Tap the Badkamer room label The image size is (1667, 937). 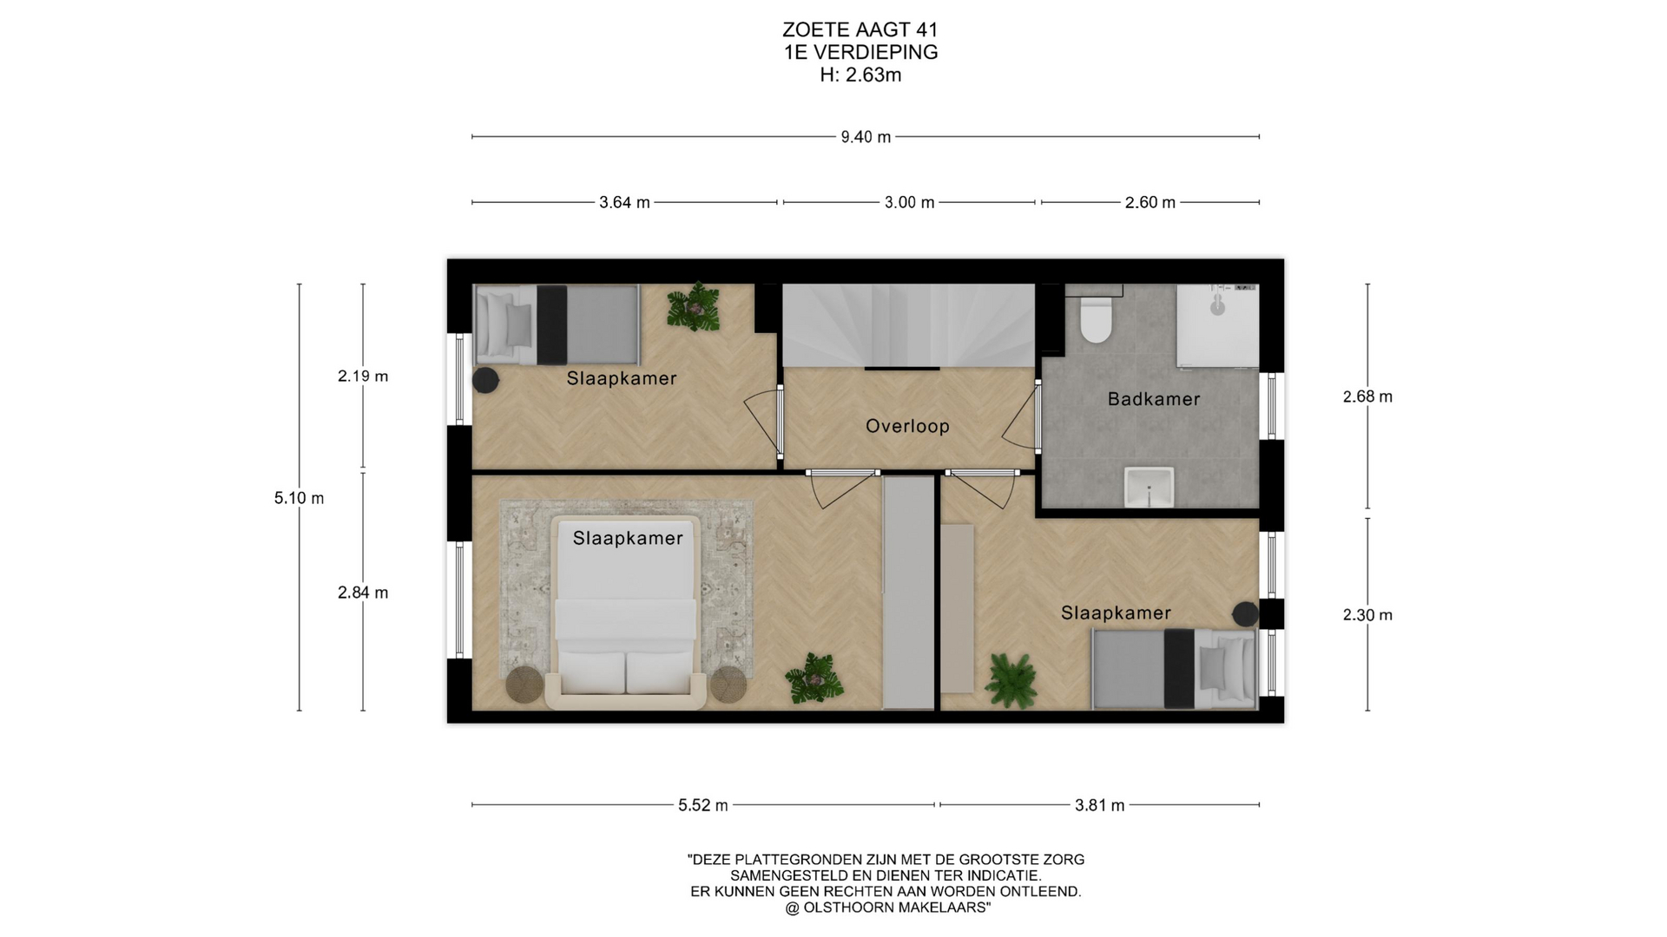pyautogui.click(x=1154, y=399)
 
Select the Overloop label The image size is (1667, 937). pyautogui.click(x=907, y=426)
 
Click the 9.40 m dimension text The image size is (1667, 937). pyautogui.click(x=866, y=137)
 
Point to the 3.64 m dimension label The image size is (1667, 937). pyautogui.click(x=624, y=202)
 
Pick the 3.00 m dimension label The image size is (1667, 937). pyautogui.click(x=909, y=202)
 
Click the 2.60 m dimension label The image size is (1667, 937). pyautogui.click(x=1150, y=202)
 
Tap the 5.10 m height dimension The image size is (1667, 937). pyautogui.click(x=299, y=498)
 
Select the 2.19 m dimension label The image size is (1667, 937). pyautogui.click(x=363, y=377)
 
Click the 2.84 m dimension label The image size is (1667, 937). pyautogui.click(x=363, y=593)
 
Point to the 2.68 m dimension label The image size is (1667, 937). pyautogui.click(x=1367, y=396)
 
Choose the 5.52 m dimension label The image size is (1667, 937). pyautogui.click(x=703, y=805)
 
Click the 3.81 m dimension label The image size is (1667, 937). pyautogui.click(x=1099, y=805)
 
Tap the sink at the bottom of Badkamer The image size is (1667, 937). pyautogui.click(x=1149, y=487)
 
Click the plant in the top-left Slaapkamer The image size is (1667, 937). pyautogui.click(x=693, y=307)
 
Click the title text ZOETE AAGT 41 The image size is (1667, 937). pyautogui.click(x=860, y=31)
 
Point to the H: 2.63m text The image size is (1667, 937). pyautogui.click(x=860, y=75)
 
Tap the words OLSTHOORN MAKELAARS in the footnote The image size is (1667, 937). pyautogui.click(x=895, y=908)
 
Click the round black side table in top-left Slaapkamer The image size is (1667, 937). pyautogui.click(x=485, y=380)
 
